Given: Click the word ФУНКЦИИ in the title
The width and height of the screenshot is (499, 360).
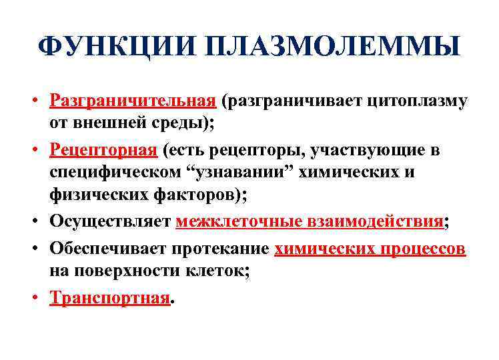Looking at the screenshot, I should [116, 47].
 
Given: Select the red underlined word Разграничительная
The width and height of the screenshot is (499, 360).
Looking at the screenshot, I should [133, 101].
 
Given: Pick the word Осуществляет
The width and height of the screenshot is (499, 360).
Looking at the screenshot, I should [110, 221].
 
